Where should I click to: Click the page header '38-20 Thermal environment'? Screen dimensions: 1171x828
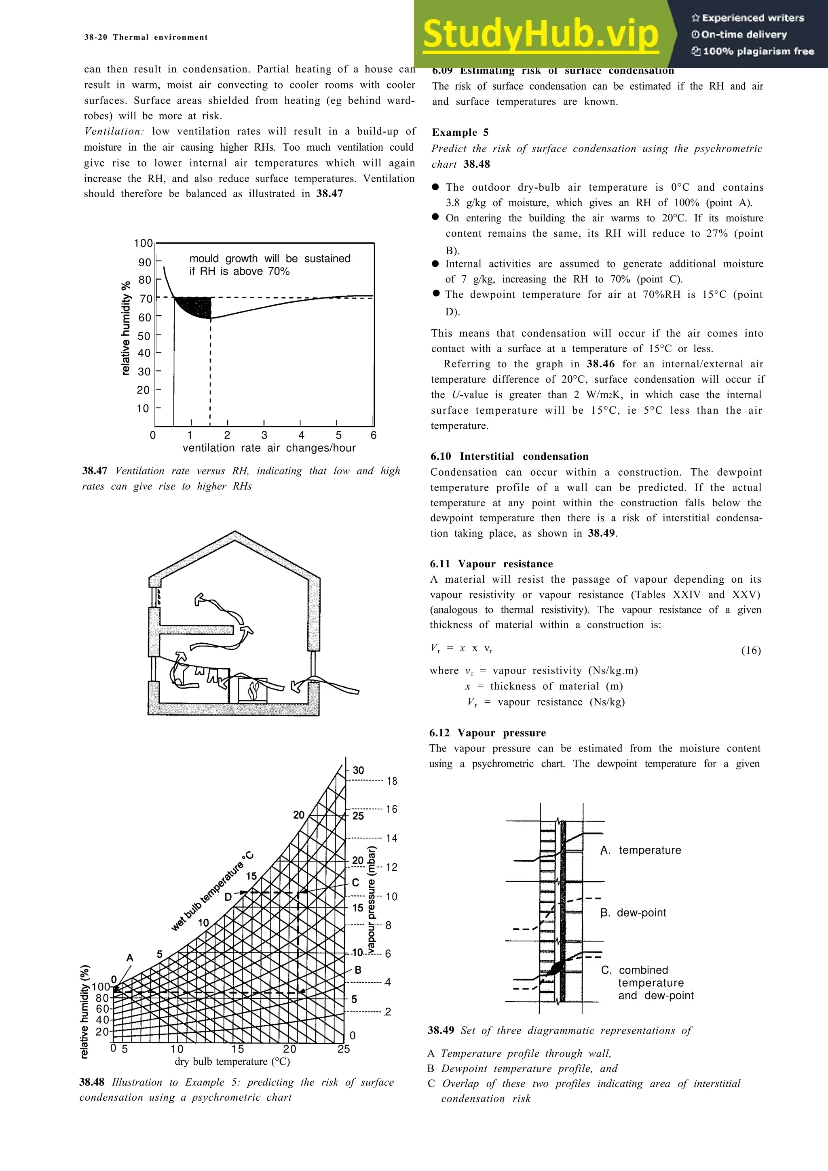pyautogui.click(x=146, y=37)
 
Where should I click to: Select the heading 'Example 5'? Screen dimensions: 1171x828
pyautogui.click(x=460, y=133)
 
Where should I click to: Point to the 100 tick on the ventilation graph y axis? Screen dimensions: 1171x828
pyautogui.click(x=144, y=243)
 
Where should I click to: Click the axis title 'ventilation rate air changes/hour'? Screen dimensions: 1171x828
pyautogui.click(x=269, y=448)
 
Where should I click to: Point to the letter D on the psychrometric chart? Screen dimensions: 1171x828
pyautogui.click(x=228, y=897)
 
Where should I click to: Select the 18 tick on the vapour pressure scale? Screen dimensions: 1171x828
pyautogui.click(x=391, y=781)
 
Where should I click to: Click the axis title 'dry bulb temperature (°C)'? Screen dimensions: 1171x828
pyautogui.click(x=232, y=1061)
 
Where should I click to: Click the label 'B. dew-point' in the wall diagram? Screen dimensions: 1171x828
pyautogui.click(x=633, y=912)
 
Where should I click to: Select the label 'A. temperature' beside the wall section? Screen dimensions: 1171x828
pyautogui.click(x=640, y=850)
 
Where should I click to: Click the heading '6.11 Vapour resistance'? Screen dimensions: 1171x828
pyautogui.click(x=491, y=564)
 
